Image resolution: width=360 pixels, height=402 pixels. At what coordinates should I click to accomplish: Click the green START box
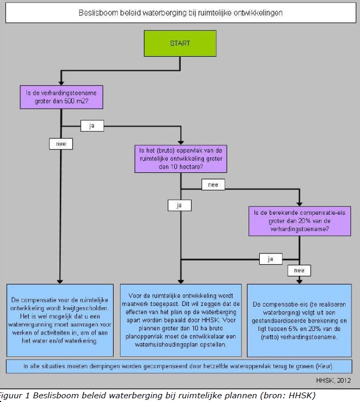point(180,43)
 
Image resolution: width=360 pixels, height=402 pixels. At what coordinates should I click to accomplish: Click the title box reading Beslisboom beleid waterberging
point(181,13)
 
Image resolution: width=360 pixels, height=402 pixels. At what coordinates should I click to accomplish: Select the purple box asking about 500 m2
point(61,97)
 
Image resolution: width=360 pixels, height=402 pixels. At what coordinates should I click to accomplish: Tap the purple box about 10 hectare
point(181,159)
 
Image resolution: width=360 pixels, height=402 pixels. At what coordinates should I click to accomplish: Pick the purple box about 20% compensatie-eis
point(299,221)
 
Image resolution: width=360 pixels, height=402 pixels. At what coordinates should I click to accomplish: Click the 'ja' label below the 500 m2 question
point(92,126)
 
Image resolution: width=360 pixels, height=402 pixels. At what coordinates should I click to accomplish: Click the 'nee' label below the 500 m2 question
point(61,144)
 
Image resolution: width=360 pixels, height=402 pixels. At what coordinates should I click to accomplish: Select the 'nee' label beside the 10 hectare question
point(213,185)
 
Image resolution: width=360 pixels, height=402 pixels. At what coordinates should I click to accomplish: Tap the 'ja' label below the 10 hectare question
point(179,205)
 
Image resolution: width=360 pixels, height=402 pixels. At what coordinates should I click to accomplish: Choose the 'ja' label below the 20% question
point(270,259)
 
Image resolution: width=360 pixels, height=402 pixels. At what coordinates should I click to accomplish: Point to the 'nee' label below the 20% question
point(299,270)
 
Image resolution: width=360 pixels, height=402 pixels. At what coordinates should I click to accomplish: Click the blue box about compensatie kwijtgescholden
point(60,320)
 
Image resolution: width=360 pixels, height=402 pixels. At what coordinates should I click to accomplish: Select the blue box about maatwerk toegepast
point(181,320)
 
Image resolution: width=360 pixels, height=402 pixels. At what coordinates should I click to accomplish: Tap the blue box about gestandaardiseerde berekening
point(299,320)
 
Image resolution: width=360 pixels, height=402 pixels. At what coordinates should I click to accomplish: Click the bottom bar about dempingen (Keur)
point(179,366)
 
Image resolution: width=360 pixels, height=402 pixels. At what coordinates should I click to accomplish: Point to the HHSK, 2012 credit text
point(333,380)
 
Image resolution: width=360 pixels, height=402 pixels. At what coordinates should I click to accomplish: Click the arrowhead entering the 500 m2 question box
point(61,83)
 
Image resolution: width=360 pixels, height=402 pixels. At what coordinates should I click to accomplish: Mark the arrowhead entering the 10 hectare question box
point(181,143)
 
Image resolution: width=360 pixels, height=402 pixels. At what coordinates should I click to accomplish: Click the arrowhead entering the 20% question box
point(299,204)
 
